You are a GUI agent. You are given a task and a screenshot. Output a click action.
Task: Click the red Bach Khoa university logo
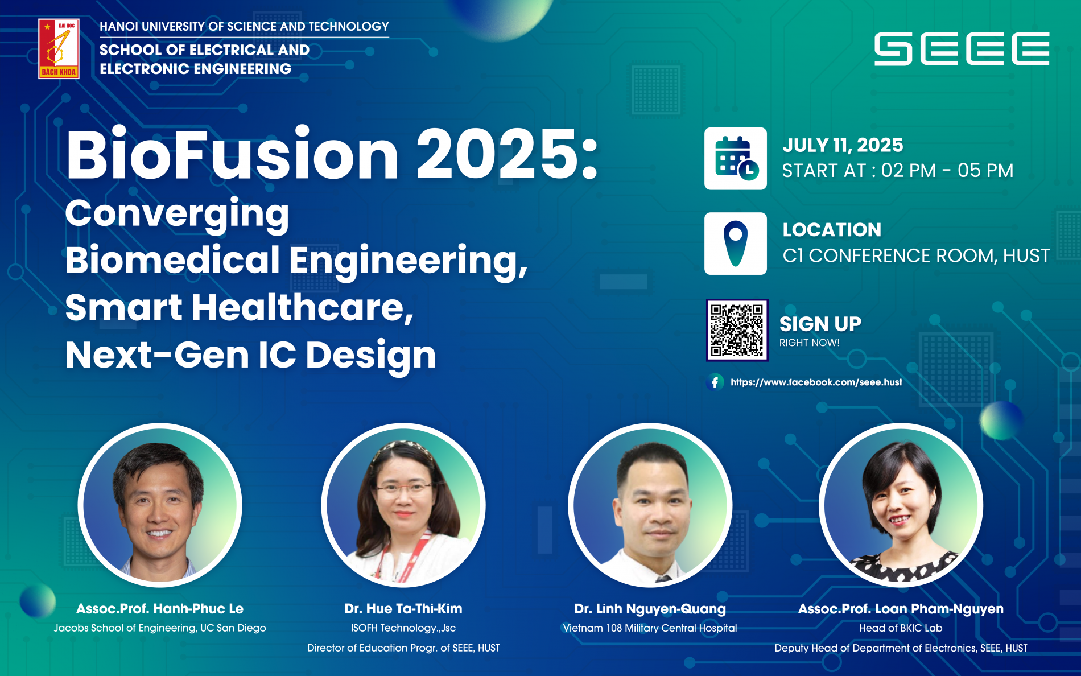coord(59,48)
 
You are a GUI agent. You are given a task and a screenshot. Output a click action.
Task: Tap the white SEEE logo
coord(962,49)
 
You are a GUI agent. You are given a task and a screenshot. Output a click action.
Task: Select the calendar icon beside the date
coord(736,158)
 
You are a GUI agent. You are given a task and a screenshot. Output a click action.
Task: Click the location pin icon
coord(736,244)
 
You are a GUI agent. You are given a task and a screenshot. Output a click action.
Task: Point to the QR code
coord(737,330)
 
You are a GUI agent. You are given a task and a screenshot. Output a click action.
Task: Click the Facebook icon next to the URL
coord(715,382)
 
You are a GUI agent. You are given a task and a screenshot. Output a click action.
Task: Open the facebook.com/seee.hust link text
coord(816,382)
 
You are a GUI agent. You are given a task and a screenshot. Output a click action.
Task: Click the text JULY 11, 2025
coord(843,145)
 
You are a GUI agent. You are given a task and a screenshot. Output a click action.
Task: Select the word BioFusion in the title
coord(232,154)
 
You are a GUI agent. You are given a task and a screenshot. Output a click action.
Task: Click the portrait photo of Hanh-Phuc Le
coord(160,505)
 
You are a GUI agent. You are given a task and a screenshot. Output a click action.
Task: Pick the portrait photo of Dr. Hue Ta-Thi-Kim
coord(403,505)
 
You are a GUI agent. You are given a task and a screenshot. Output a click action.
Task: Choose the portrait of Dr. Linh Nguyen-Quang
coord(650,505)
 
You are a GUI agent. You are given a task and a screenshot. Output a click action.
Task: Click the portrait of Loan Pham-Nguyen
coord(901,505)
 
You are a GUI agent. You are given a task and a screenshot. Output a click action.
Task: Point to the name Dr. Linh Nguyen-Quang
coord(650,609)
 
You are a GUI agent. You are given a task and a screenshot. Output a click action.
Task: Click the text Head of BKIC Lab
coord(901,628)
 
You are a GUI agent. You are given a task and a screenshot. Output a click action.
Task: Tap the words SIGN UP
coord(820,324)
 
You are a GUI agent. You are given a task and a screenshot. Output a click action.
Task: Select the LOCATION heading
coord(832,230)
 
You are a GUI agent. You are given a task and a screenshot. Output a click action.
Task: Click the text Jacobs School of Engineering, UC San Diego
coord(160,628)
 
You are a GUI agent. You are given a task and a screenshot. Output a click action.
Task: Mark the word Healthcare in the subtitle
coord(303,307)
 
